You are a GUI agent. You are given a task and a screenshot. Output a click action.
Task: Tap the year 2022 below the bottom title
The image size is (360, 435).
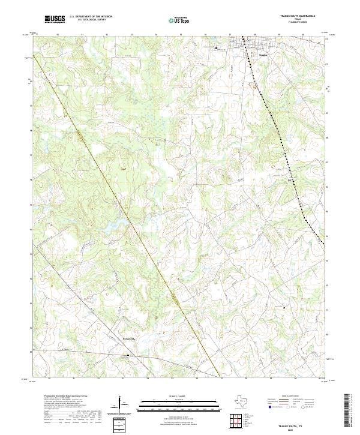(x=298, y=429)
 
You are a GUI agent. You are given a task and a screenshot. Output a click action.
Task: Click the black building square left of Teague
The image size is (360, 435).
(x=217, y=47)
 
